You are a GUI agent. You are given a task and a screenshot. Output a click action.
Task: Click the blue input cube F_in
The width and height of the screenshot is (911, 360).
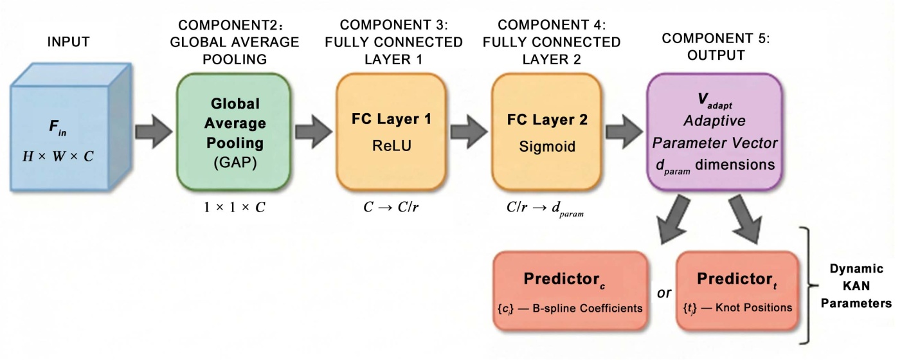click(71, 127)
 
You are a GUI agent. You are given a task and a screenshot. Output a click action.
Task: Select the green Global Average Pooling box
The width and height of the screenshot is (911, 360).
click(234, 132)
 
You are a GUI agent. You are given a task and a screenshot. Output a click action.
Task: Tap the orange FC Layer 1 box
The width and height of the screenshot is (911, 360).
click(392, 132)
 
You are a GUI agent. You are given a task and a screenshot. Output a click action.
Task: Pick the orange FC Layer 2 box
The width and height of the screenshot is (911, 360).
click(546, 132)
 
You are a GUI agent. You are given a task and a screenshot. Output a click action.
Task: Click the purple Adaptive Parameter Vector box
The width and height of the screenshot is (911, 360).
click(714, 132)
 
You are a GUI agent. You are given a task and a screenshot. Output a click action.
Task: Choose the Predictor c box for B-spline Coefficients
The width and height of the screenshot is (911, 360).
click(570, 291)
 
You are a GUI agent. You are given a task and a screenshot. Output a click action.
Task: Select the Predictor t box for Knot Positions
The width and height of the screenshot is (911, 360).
click(737, 291)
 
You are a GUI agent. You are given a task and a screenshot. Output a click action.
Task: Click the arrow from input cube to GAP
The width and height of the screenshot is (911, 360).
click(154, 131)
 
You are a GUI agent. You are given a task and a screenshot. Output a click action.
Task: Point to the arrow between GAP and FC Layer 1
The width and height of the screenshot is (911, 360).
click(314, 131)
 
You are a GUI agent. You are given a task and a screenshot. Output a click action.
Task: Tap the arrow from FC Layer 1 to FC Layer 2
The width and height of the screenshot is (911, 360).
click(469, 131)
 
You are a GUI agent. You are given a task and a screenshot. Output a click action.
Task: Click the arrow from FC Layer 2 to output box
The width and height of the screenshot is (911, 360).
click(624, 131)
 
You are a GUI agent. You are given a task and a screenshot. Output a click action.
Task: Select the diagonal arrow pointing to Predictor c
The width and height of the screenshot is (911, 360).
click(673, 220)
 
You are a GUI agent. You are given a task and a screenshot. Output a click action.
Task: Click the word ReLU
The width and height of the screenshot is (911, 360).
click(392, 146)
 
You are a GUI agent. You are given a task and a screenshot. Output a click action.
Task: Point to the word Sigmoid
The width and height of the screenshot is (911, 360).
click(547, 147)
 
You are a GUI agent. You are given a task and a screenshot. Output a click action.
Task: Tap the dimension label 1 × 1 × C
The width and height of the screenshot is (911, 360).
click(234, 208)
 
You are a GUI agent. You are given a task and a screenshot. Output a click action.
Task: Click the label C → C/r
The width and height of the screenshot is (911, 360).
click(391, 208)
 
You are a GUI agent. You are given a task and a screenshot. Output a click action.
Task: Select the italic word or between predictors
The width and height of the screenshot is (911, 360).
click(663, 293)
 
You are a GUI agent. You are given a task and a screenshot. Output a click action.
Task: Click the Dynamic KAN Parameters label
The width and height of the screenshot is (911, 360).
click(856, 285)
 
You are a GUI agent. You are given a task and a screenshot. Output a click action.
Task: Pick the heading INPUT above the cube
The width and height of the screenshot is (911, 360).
click(68, 42)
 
